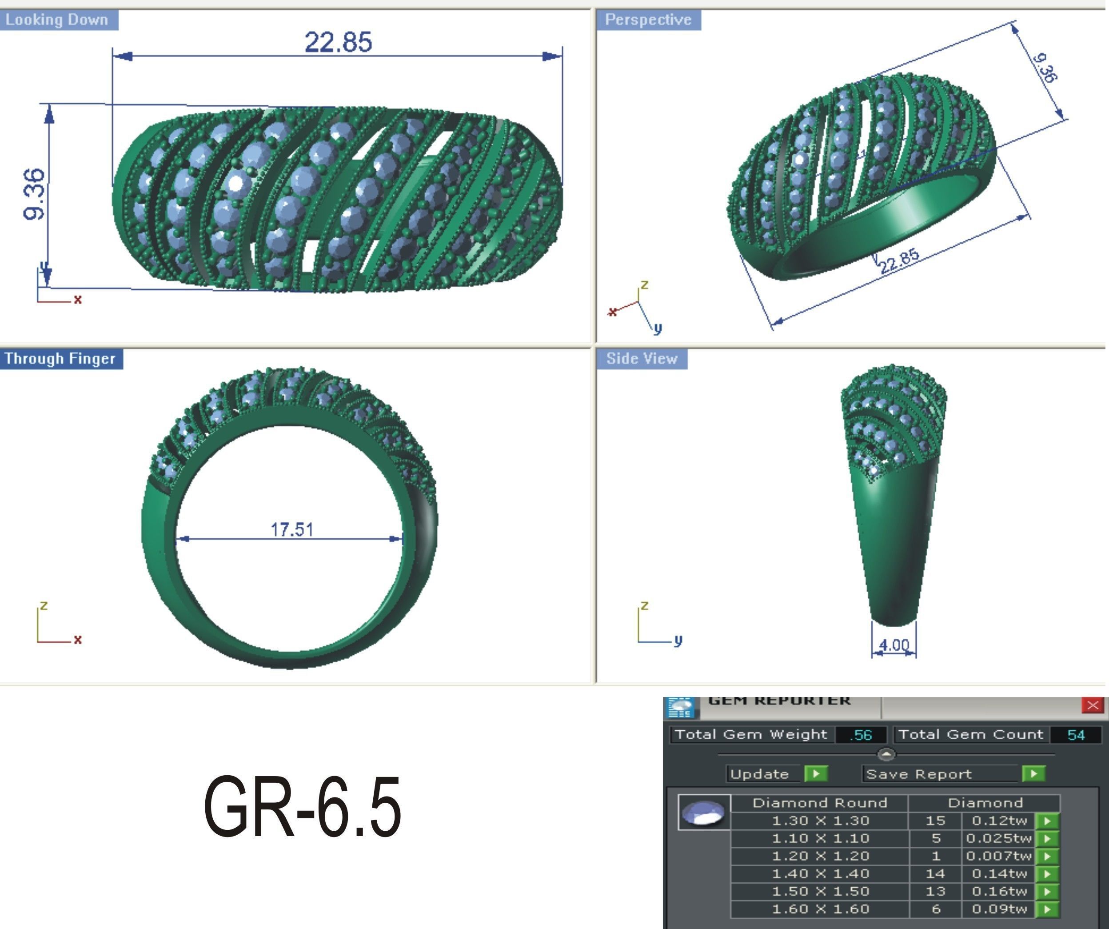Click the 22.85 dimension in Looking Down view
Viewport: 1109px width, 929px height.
(338, 42)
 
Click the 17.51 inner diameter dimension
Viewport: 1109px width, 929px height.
(291, 529)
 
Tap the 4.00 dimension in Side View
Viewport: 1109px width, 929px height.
(894, 645)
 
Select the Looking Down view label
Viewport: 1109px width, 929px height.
(57, 20)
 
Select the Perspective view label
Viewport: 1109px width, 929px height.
(648, 20)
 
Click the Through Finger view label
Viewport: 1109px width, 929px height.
(60, 358)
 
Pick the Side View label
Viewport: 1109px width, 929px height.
(642, 358)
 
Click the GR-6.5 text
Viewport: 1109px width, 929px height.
(302, 807)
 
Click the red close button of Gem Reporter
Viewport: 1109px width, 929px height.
(1092, 705)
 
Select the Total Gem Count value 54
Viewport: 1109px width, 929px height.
(1076, 735)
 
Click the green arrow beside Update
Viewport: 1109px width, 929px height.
(816, 773)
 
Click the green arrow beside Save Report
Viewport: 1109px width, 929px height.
(1033, 773)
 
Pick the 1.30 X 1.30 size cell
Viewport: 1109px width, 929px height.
(820, 821)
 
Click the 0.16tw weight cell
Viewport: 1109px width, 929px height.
(999, 892)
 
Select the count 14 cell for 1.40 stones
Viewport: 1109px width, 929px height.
(935, 873)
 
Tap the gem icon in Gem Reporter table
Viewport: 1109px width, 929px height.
(704, 812)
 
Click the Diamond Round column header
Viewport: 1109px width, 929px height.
(820, 803)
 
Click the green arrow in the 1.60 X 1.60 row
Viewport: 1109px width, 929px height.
(1048, 909)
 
